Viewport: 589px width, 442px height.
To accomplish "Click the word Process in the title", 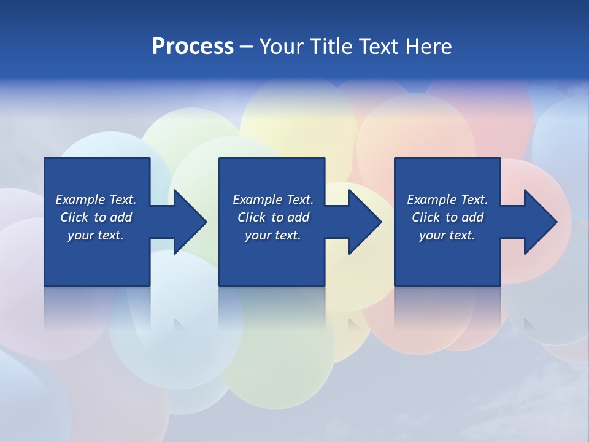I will (193, 47).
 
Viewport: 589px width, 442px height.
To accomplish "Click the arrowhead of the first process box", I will (190, 222).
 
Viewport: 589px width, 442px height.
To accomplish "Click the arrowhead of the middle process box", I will (364, 222).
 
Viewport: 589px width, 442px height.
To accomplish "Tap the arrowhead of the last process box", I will (540, 222).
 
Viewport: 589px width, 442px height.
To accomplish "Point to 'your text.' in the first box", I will (96, 235).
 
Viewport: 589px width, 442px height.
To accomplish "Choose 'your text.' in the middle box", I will (273, 235).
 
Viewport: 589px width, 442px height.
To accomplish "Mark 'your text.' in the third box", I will (447, 235).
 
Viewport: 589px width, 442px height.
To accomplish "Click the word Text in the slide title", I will (378, 47).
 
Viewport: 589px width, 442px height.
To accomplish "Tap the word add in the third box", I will (472, 217).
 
